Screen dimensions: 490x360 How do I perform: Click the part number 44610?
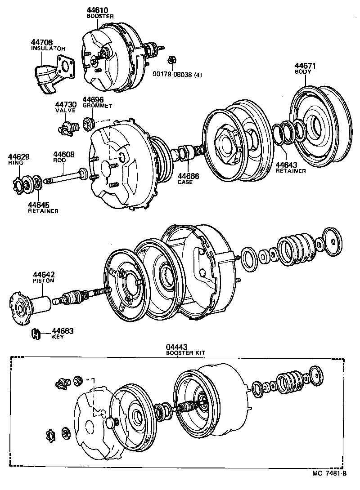[97, 10]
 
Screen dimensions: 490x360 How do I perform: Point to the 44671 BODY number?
[306, 66]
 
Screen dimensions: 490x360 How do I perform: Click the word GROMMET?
[97, 105]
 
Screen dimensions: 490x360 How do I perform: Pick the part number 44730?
[65, 104]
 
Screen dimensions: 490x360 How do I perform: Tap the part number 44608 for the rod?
[64, 154]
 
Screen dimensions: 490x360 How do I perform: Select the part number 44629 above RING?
[18, 157]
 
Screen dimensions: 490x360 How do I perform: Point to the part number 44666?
[188, 176]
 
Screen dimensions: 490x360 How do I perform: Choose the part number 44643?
[287, 165]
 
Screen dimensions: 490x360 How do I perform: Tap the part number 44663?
[63, 331]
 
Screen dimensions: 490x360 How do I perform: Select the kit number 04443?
[176, 347]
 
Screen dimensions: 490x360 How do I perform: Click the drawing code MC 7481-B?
[330, 473]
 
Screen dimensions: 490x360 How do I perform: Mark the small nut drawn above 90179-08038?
[171, 60]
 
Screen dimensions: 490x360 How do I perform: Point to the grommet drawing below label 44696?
[89, 122]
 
